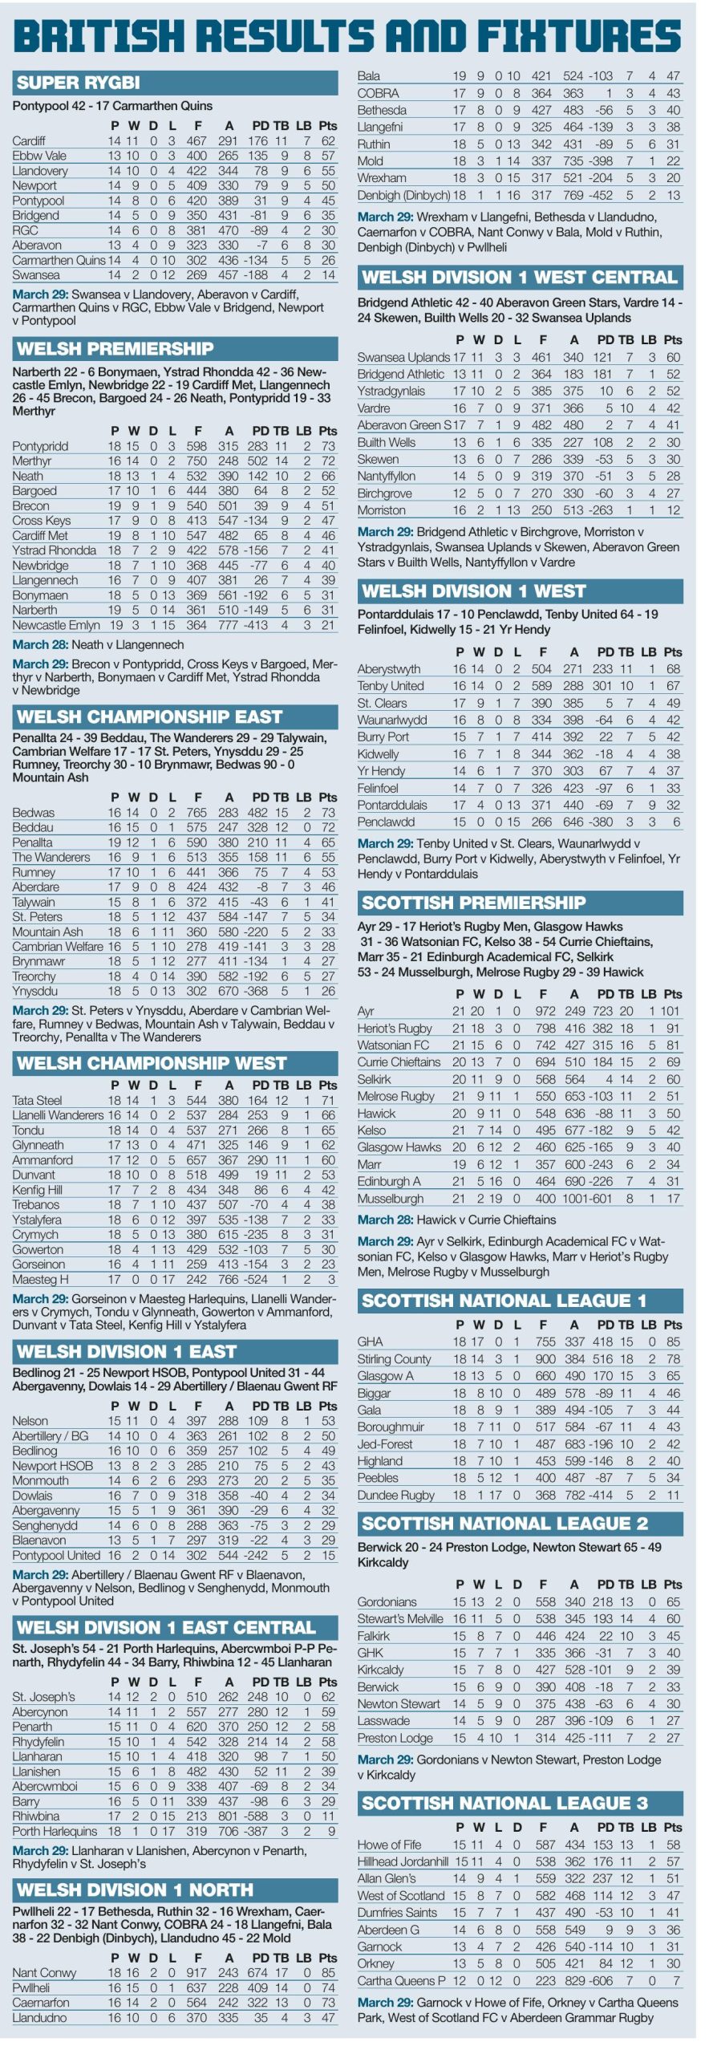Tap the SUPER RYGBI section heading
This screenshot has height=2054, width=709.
(x=78, y=83)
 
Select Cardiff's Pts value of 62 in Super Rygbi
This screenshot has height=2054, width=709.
(x=328, y=141)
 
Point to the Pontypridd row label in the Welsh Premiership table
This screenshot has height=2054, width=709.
(x=40, y=446)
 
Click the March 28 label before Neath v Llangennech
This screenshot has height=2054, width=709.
(x=40, y=644)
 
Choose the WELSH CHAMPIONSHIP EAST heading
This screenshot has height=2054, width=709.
(x=149, y=716)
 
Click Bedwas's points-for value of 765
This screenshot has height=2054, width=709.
(x=197, y=813)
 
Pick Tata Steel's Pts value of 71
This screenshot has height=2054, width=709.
(x=328, y=1100)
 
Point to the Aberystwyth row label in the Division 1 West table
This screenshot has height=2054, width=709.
(x=389, y=669)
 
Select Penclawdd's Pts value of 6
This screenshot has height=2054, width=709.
(x=677, y=822)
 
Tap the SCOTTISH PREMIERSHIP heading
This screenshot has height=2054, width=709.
(x=473, y=903)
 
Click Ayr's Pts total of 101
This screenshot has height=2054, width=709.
(x=671, y=1011)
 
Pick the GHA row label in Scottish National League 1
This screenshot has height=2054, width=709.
(x=370, y=1342)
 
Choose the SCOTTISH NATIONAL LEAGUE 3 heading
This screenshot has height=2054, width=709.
(x=504, y=1803)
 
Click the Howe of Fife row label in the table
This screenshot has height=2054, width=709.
(x=389, y=1845)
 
